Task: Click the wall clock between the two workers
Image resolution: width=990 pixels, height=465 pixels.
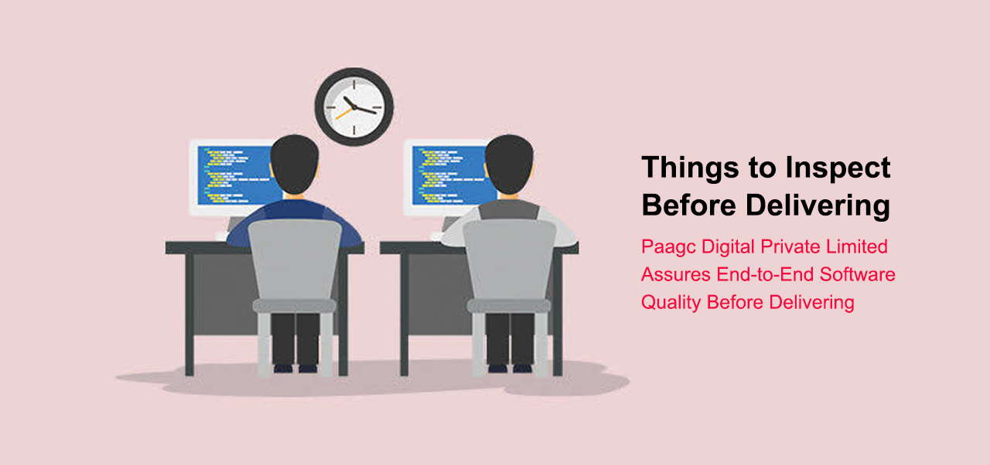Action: (354, 106)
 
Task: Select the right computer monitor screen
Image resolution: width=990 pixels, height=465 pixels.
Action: (441, 175)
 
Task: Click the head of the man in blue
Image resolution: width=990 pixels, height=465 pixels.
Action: (295, 163)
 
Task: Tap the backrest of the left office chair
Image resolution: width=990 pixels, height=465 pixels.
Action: (295, 259)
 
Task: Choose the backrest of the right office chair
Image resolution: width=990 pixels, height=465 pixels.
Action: (509, 259)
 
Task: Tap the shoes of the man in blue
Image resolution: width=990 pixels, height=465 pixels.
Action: (295, 368)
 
